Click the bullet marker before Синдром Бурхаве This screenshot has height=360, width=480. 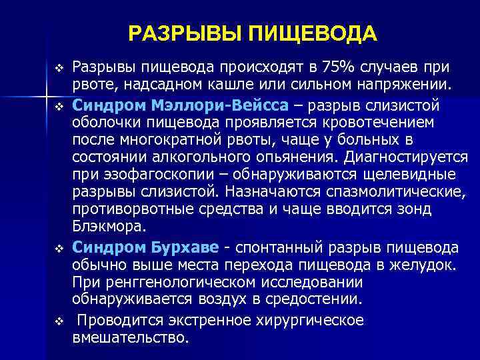[59, 249]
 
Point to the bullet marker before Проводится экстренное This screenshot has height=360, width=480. [59, 321]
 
